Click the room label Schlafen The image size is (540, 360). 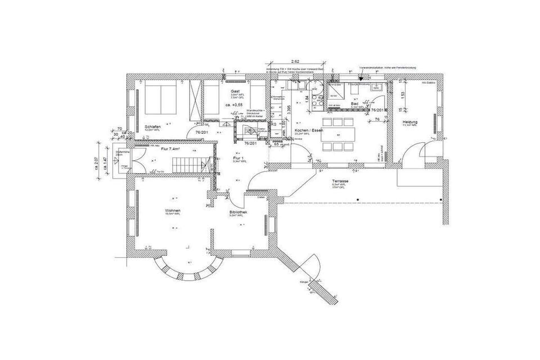[x=153, y=127]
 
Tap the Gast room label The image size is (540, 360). [x=236, y=91]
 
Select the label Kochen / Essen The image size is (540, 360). [x=309, y=130]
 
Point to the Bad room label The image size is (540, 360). [x=355, y=104]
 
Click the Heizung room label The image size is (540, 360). [x=410, y=122]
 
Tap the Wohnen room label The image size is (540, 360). [x=173, y=210]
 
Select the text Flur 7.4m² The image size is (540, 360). [x=169, y=149]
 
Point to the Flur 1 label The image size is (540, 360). [x=238, y=159]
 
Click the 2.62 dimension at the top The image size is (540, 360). [x=295, y=61]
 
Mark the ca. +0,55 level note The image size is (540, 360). [x=233, y=105]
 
